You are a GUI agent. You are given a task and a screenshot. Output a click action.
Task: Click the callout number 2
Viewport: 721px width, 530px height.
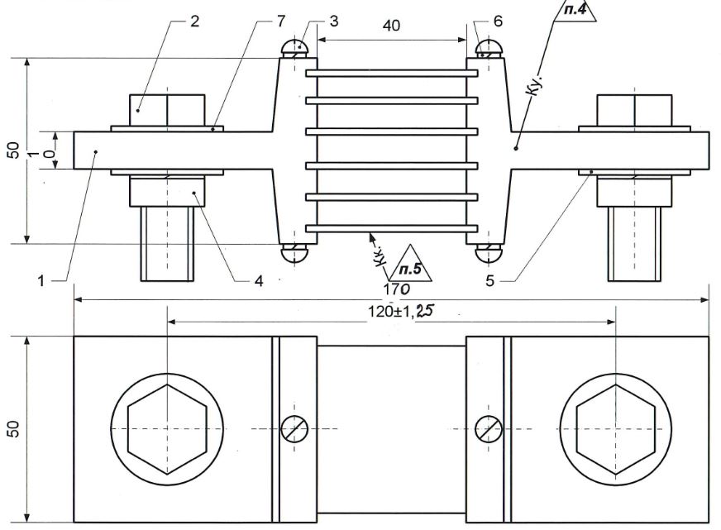tap(195, 21)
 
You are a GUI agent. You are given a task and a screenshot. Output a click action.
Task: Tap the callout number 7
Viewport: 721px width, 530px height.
tap(281, 21)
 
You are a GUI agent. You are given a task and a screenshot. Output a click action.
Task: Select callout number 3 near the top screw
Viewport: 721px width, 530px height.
tap(334, 21)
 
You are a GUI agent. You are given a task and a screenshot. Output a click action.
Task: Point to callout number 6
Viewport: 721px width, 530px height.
tap(498, 21)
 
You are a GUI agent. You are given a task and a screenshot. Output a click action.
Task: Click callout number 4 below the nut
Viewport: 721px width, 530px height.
tap(259, 281)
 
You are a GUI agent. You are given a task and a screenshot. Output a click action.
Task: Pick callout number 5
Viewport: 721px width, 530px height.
tap(489, 280)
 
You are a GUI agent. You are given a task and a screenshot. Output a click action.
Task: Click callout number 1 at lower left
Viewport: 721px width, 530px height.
tap(41, 281)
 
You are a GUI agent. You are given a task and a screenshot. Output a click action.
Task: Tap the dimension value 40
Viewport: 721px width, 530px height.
tap(391, 26)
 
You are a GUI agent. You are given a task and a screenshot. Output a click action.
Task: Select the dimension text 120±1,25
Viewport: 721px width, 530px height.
tap(400, 311)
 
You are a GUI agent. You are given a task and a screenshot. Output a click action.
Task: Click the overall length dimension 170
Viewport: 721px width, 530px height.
tap(397, 289)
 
